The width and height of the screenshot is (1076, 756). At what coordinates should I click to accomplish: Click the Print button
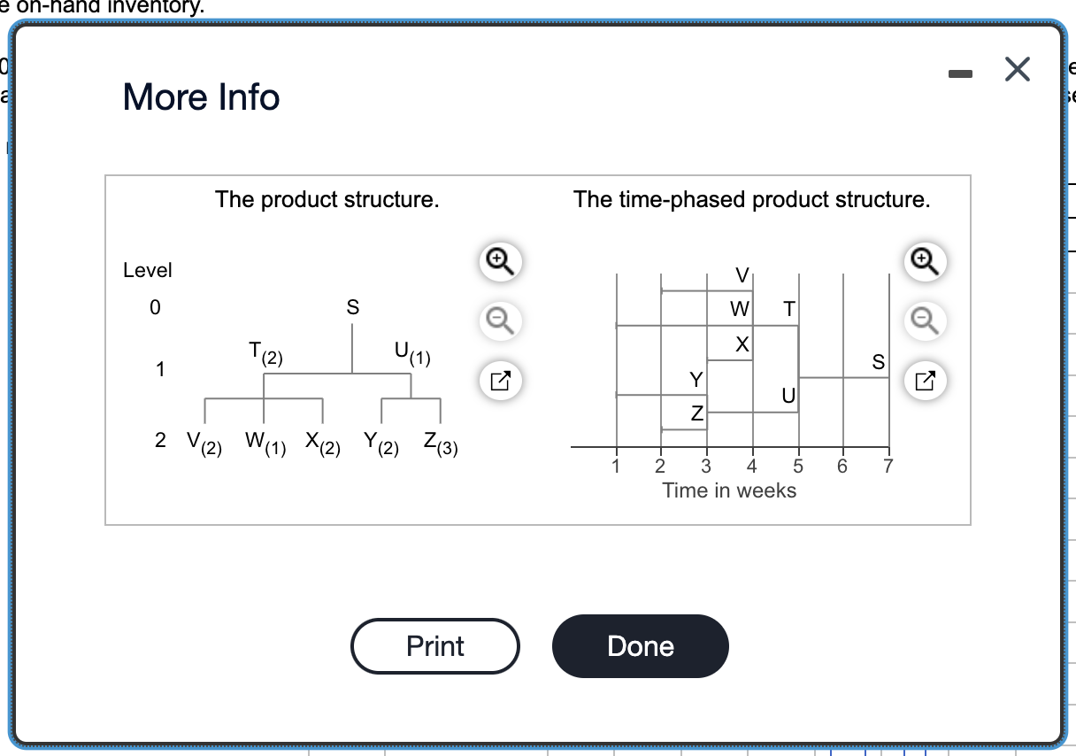pos(434,646)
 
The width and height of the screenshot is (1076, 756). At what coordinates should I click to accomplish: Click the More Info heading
pos(201,96)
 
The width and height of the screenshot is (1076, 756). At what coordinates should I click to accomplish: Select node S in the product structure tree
pos(352,308)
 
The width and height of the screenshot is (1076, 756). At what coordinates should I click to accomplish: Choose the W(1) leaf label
pos(265,443)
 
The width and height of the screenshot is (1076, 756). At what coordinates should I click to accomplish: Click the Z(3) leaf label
pos(440,443)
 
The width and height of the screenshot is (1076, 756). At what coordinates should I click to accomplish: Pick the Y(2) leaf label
pos(381,443)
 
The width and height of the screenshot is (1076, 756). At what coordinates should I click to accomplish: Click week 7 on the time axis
pos(888,467)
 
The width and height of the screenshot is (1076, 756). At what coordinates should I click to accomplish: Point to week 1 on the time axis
pos(616,467)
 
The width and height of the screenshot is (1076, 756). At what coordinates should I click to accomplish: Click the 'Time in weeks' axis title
pos(729,490)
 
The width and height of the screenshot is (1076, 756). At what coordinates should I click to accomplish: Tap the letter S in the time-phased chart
pos(878,362)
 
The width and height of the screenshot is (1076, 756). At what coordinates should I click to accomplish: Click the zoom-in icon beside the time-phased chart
pos(924,259)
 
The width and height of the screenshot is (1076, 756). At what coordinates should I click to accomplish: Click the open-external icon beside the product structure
pos(500,382)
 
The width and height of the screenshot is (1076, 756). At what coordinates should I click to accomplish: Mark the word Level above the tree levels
pos(148,270)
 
